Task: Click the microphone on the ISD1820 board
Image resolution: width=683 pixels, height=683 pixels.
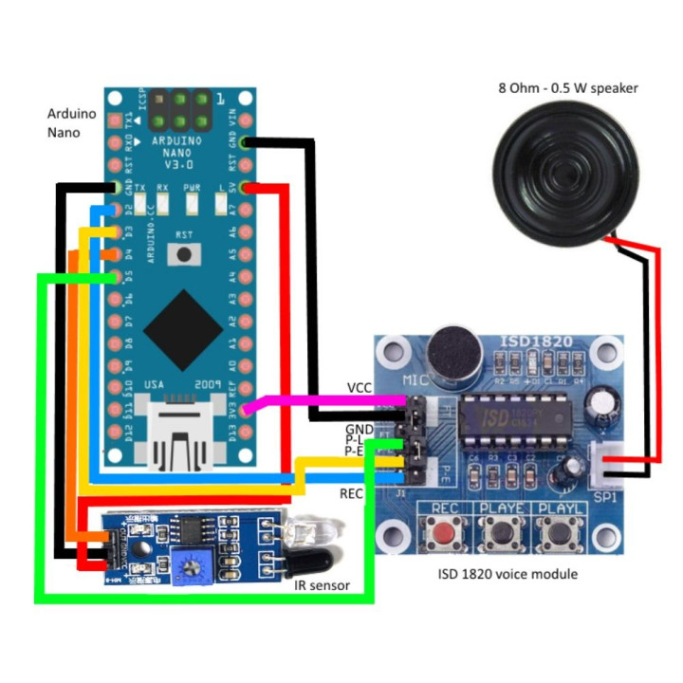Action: click(x=453, y=352)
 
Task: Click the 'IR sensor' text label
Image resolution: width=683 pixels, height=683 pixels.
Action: click(x=320, y=586)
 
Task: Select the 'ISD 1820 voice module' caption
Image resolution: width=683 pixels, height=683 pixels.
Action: click(x=507, y=574)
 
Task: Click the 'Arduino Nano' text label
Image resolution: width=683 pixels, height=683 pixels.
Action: click(x=70, y=123)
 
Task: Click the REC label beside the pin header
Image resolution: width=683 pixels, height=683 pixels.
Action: click(x=351, y=493)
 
